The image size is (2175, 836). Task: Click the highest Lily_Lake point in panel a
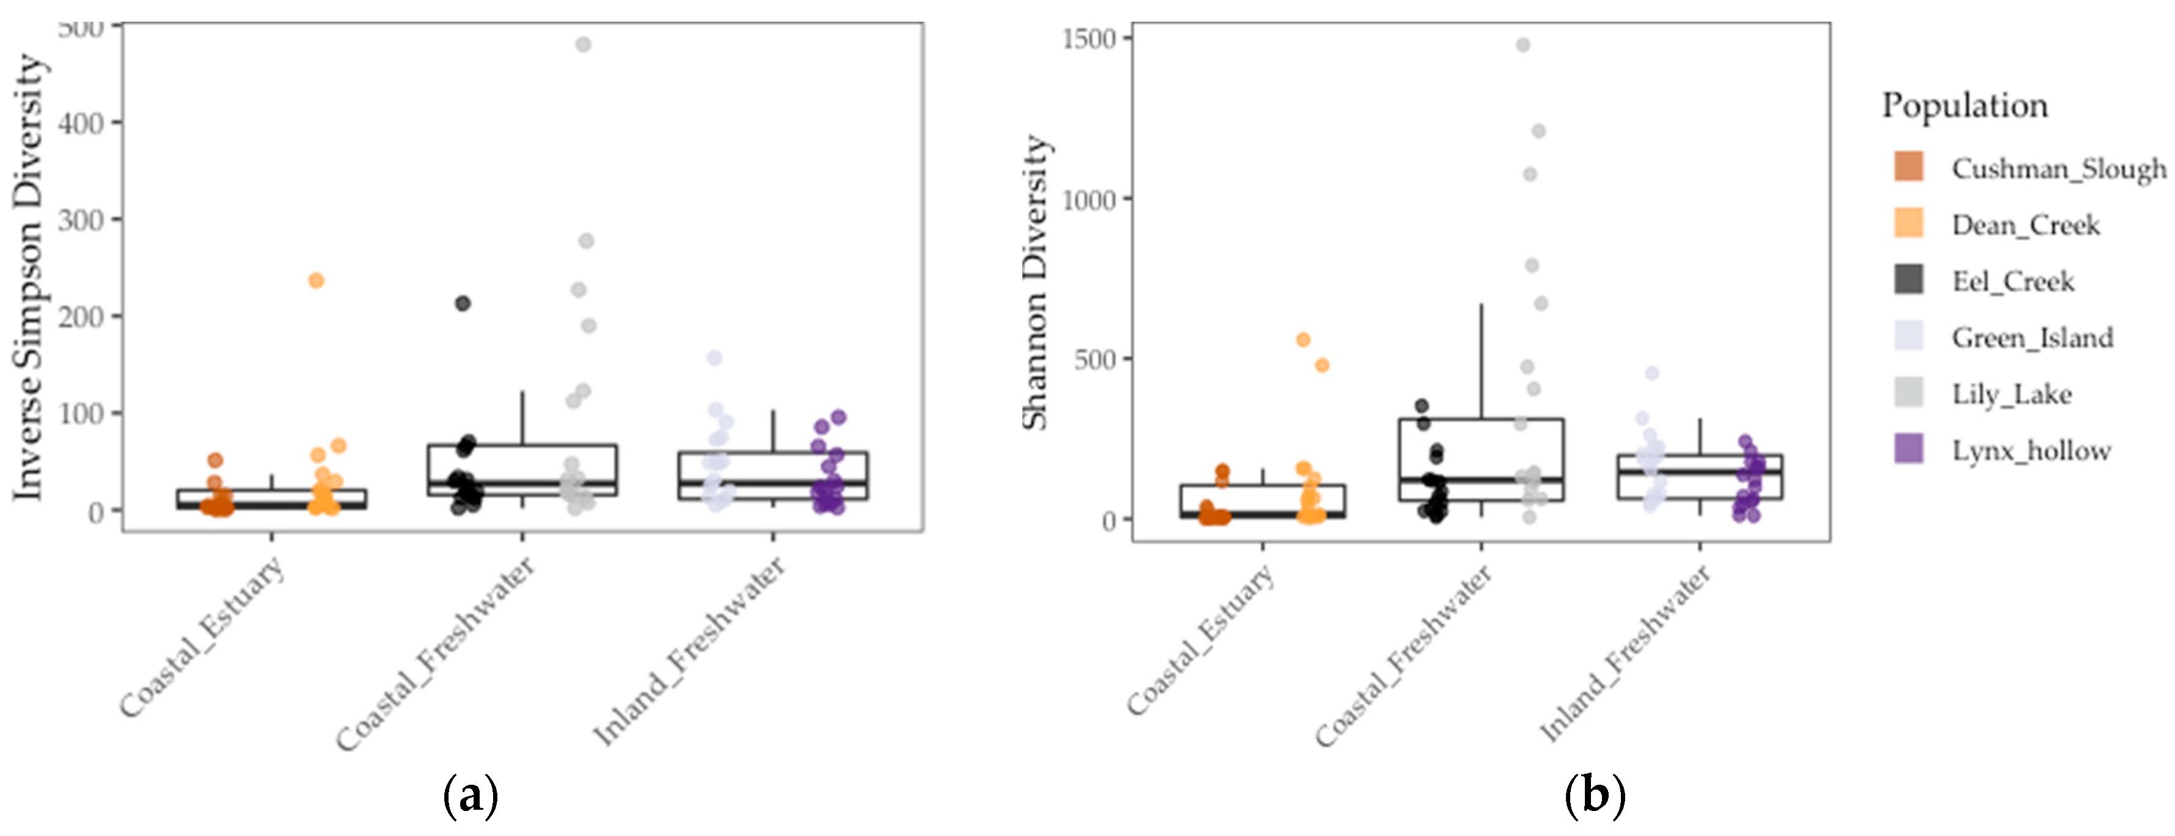pos(583,45)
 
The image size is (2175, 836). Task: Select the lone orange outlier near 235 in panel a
pos(316,280)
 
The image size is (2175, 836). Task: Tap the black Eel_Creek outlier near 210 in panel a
pos(463,303)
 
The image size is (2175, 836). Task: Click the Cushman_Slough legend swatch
pos(1909,167)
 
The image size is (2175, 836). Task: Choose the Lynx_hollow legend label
pos(2030,451)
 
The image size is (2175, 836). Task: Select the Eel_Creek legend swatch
pos(1909,279)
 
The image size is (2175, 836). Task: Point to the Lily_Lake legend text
pos(2011,394)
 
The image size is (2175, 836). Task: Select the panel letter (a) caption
pos(471,795)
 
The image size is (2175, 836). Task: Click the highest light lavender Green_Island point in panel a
pos(714,358)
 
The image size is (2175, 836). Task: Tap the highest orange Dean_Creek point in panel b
pos(1303,339)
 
